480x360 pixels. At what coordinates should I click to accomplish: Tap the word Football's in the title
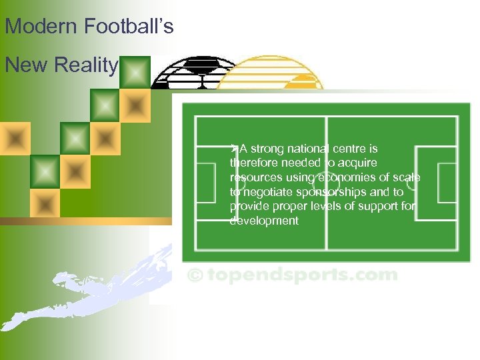click(x=129, y=27)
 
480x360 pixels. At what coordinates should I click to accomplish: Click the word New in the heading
click(x=27, y=65)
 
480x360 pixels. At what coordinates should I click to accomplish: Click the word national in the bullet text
click(x=313, y=149)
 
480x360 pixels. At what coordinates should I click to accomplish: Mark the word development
click(x=264, y=221)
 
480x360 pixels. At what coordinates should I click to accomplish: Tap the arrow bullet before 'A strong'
click(x=234, y=148)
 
